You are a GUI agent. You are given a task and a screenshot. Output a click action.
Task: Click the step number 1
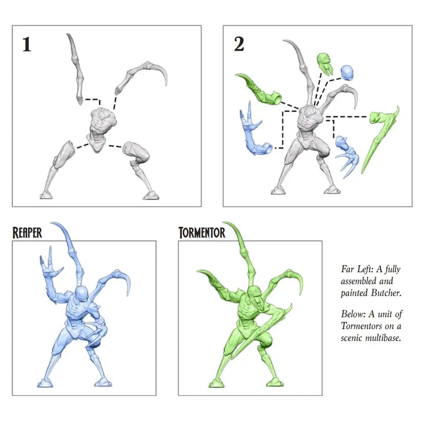pos(26,44)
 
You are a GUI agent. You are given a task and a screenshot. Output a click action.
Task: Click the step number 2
pos(239,44)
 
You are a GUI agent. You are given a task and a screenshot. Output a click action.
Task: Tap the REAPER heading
pos(27,233)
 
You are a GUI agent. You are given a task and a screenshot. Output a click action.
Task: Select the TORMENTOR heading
pos(202,233)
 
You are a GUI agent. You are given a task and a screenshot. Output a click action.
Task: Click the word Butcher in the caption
pos(386,293)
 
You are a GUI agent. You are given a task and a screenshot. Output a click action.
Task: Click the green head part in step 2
pos(324,64)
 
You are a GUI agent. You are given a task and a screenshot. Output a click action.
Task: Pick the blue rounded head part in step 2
pos(347,72)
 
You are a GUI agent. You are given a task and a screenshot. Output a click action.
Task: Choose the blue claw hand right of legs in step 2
pos(347,157)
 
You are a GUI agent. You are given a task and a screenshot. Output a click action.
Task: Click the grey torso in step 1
pos(101,127)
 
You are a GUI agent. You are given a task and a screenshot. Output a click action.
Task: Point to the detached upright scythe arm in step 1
pos(76,69)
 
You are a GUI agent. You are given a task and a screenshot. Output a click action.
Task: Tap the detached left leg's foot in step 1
pos(46,195)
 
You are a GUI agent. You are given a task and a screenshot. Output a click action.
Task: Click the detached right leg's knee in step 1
pos(143,155)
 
